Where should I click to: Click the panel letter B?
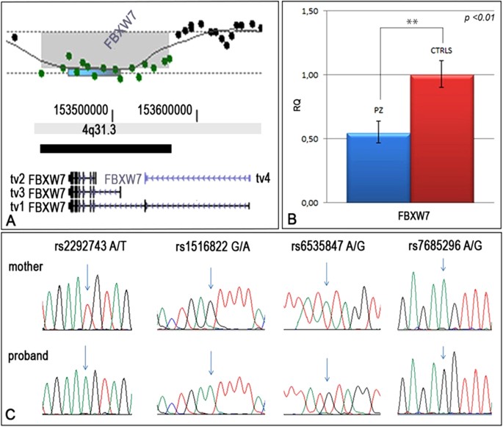point(293,218)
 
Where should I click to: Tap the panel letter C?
point(10,414)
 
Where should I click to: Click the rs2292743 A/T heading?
point(84,248)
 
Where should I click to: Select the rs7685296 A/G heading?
point(444,248)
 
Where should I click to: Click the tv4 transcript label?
point(263,177)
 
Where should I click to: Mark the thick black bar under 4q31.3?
point(106,148)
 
